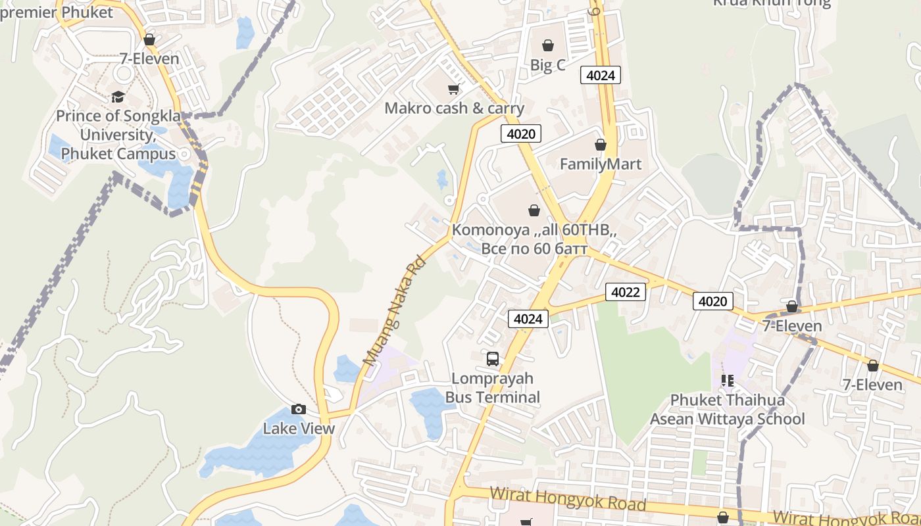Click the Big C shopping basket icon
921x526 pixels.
point(547,45)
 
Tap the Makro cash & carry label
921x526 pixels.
point(454,108)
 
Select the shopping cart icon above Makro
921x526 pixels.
point(453,89)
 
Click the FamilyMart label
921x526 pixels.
point(600,164)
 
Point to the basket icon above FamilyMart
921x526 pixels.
point(600,145)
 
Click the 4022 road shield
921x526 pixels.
point(625,292)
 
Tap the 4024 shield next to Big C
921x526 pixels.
point(600,75)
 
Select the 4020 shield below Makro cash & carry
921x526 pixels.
point(521,134)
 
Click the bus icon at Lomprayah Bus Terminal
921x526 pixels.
point(493,359)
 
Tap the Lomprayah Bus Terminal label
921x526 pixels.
point(493,388)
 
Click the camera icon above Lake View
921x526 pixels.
point(299,409)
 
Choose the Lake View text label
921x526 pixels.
point(299,429)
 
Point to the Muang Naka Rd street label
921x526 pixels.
point(395,310)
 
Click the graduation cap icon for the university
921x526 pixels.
point(118,97)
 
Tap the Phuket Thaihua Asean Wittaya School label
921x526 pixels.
point(728,410)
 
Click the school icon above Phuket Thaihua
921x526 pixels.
point(727,380)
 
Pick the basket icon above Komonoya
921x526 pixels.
point(534,211)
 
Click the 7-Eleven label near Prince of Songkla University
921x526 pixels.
point(149,59)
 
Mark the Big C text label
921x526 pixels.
point(547,65)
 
